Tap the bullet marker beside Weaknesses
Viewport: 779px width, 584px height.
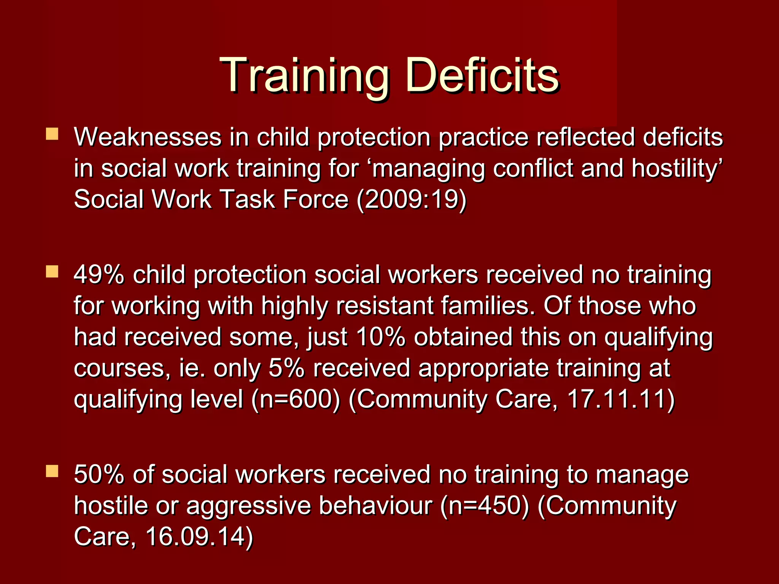[52, 134]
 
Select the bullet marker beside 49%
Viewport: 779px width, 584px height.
[52, 271]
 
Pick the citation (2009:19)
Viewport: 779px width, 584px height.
[411, 199]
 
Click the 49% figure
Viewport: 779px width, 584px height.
[99, 275]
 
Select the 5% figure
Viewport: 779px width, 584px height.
[286, 368]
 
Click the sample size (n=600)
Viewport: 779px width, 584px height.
[296, 399]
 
